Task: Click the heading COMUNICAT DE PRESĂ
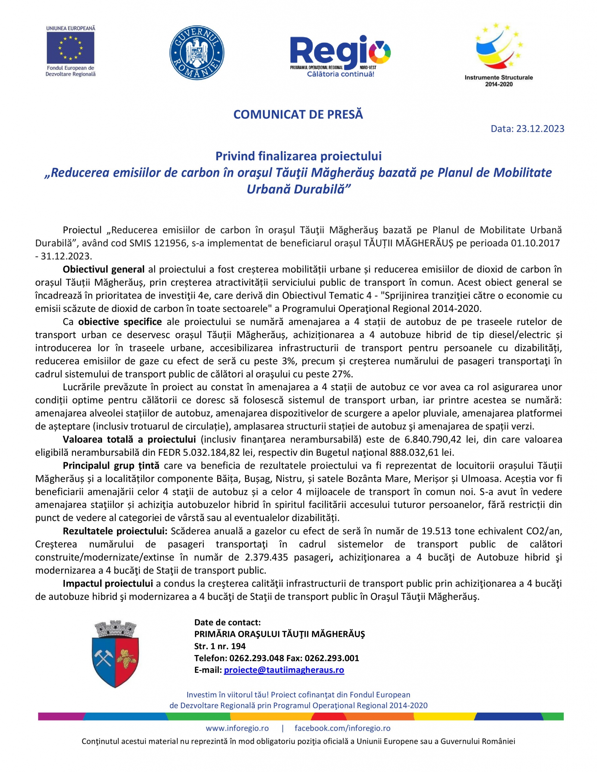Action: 298,115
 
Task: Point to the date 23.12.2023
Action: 540,129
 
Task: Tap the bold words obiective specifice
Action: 120,322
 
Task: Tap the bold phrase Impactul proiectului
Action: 107,583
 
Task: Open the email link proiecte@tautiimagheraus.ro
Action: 284,670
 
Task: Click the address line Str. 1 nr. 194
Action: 220,646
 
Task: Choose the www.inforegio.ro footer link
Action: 237,728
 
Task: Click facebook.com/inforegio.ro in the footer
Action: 342,728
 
